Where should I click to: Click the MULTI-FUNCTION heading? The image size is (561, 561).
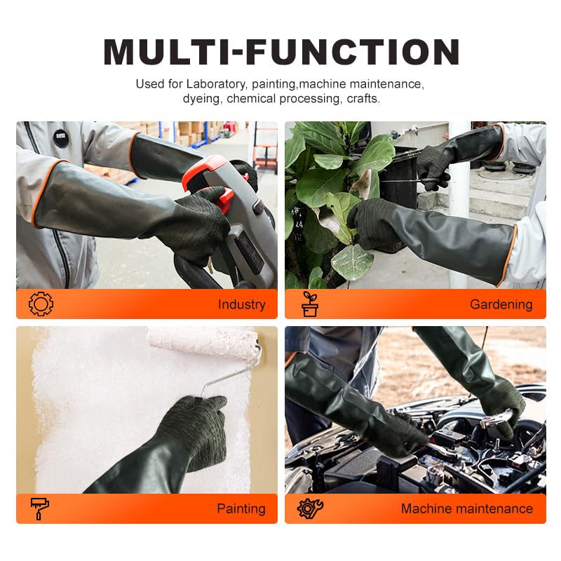coord(280,53)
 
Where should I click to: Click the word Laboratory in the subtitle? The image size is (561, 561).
coord(215,84)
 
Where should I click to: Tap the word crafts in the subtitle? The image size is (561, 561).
coord(363,99)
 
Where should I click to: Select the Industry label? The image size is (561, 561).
coord(241,304)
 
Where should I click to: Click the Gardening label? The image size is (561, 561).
coord(501,304)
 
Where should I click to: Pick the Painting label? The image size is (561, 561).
coord(241,508)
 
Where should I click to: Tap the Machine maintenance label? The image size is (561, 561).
coord(466,508)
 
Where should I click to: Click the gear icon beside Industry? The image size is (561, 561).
coord(41,304)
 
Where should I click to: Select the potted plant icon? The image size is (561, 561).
coord(310,304)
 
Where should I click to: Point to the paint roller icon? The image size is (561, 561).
coord(39,508)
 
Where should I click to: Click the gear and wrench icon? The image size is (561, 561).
coord(310,508)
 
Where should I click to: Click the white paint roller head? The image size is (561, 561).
coord(203,342)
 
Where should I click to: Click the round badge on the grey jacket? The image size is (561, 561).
coord(61,137)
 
